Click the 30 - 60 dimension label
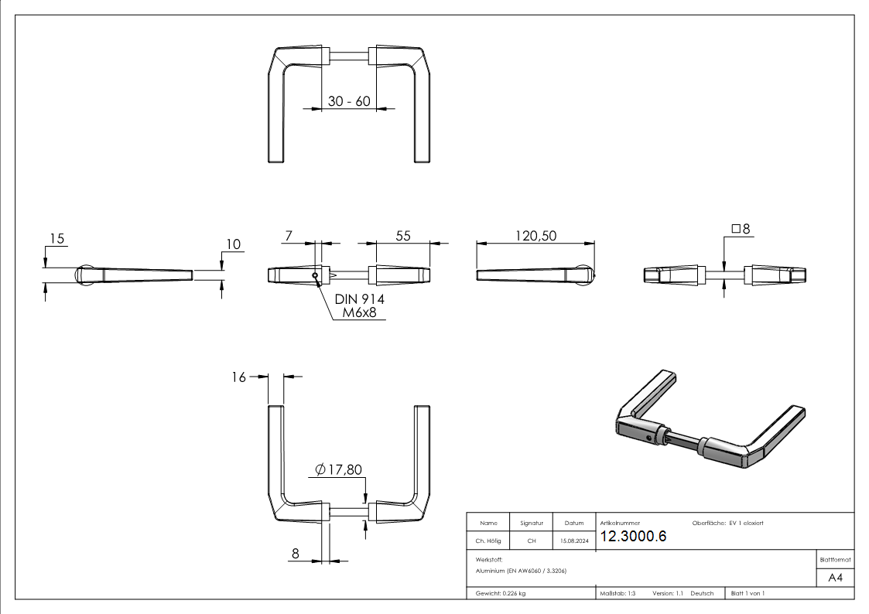349,101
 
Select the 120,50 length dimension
536,236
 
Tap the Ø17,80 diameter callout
338,469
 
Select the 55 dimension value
403,236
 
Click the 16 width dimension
238,377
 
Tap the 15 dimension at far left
56,237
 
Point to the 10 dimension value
232,244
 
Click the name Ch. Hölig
488,541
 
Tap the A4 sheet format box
835,578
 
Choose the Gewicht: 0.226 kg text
501,593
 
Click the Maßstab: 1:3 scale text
618,593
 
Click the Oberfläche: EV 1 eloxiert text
722,524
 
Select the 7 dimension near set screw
288,236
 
